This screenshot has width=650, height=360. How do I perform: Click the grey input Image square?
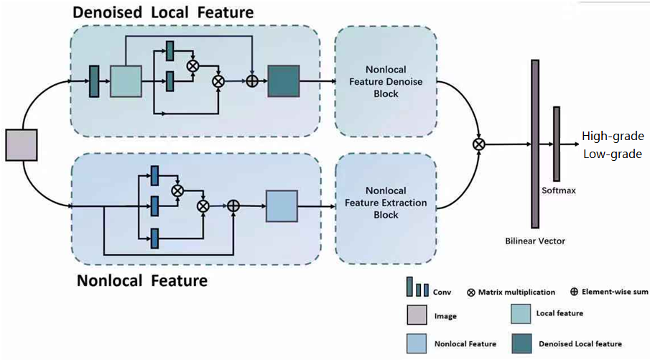tap(21, 144)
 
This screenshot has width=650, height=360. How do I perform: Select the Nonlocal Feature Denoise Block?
tap(385, 81)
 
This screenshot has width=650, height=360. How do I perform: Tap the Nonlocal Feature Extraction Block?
tap(385, 203)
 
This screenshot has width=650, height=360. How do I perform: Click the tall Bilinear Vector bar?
tap(534, 144)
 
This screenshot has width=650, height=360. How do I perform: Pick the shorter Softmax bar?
tap(556, 144)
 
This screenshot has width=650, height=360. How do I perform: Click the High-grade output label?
tap(613, 137)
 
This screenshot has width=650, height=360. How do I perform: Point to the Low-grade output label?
tap(612, 153)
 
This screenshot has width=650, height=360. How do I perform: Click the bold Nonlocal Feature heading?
tap(141, 280)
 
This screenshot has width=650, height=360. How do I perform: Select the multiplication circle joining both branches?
tap(479, 144)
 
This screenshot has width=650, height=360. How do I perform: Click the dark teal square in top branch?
tap(283, 80)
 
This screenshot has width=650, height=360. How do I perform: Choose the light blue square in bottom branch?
tap(282, 206)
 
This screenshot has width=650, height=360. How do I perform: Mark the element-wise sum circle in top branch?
tap(252, 81)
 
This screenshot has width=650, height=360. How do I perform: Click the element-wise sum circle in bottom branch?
tap(233, 206)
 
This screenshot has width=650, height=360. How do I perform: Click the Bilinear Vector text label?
tap(535, 241)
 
